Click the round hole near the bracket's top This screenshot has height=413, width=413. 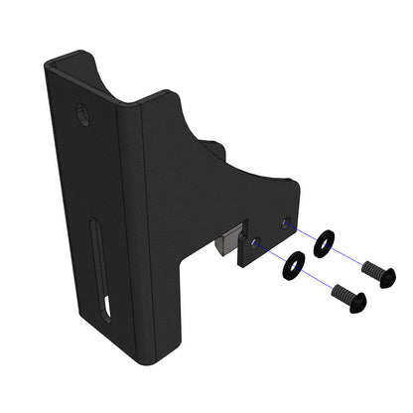pyautogui.click(x=82, y=114)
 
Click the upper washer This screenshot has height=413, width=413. pyautogui.click(x=324, y=242)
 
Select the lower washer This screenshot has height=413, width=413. pyautogui.click(x=293, y=265)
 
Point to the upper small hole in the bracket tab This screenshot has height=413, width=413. pyautogui.click(x=287, y=223)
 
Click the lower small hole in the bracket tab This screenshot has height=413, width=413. pyautogui.click(x=256, y=242)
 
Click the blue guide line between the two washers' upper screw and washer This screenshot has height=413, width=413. pyautogui.click(x=349, y=256)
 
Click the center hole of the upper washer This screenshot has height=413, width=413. pyautogui.click(x=324, y=242)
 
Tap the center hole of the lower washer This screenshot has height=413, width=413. pyautogui.click(x=293, y=265)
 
